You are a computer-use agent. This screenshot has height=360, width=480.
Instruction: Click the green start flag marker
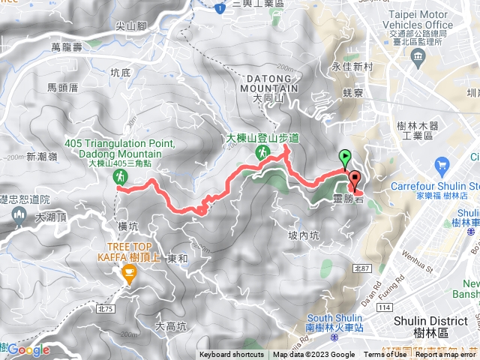tap(345, 157)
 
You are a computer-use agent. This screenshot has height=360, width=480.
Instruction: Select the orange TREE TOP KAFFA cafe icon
tap(129, 276)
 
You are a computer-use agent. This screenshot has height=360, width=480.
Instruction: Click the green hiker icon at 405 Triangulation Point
tap(119, 176)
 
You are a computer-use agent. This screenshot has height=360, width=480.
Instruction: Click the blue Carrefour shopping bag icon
tap(442, 164)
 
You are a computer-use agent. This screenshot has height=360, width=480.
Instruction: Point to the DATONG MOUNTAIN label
tap(269, 83)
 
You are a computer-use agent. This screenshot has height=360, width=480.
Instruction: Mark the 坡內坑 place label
tap(304, 235)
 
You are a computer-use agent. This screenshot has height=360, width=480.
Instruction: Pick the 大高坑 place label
tap(169, 305)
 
